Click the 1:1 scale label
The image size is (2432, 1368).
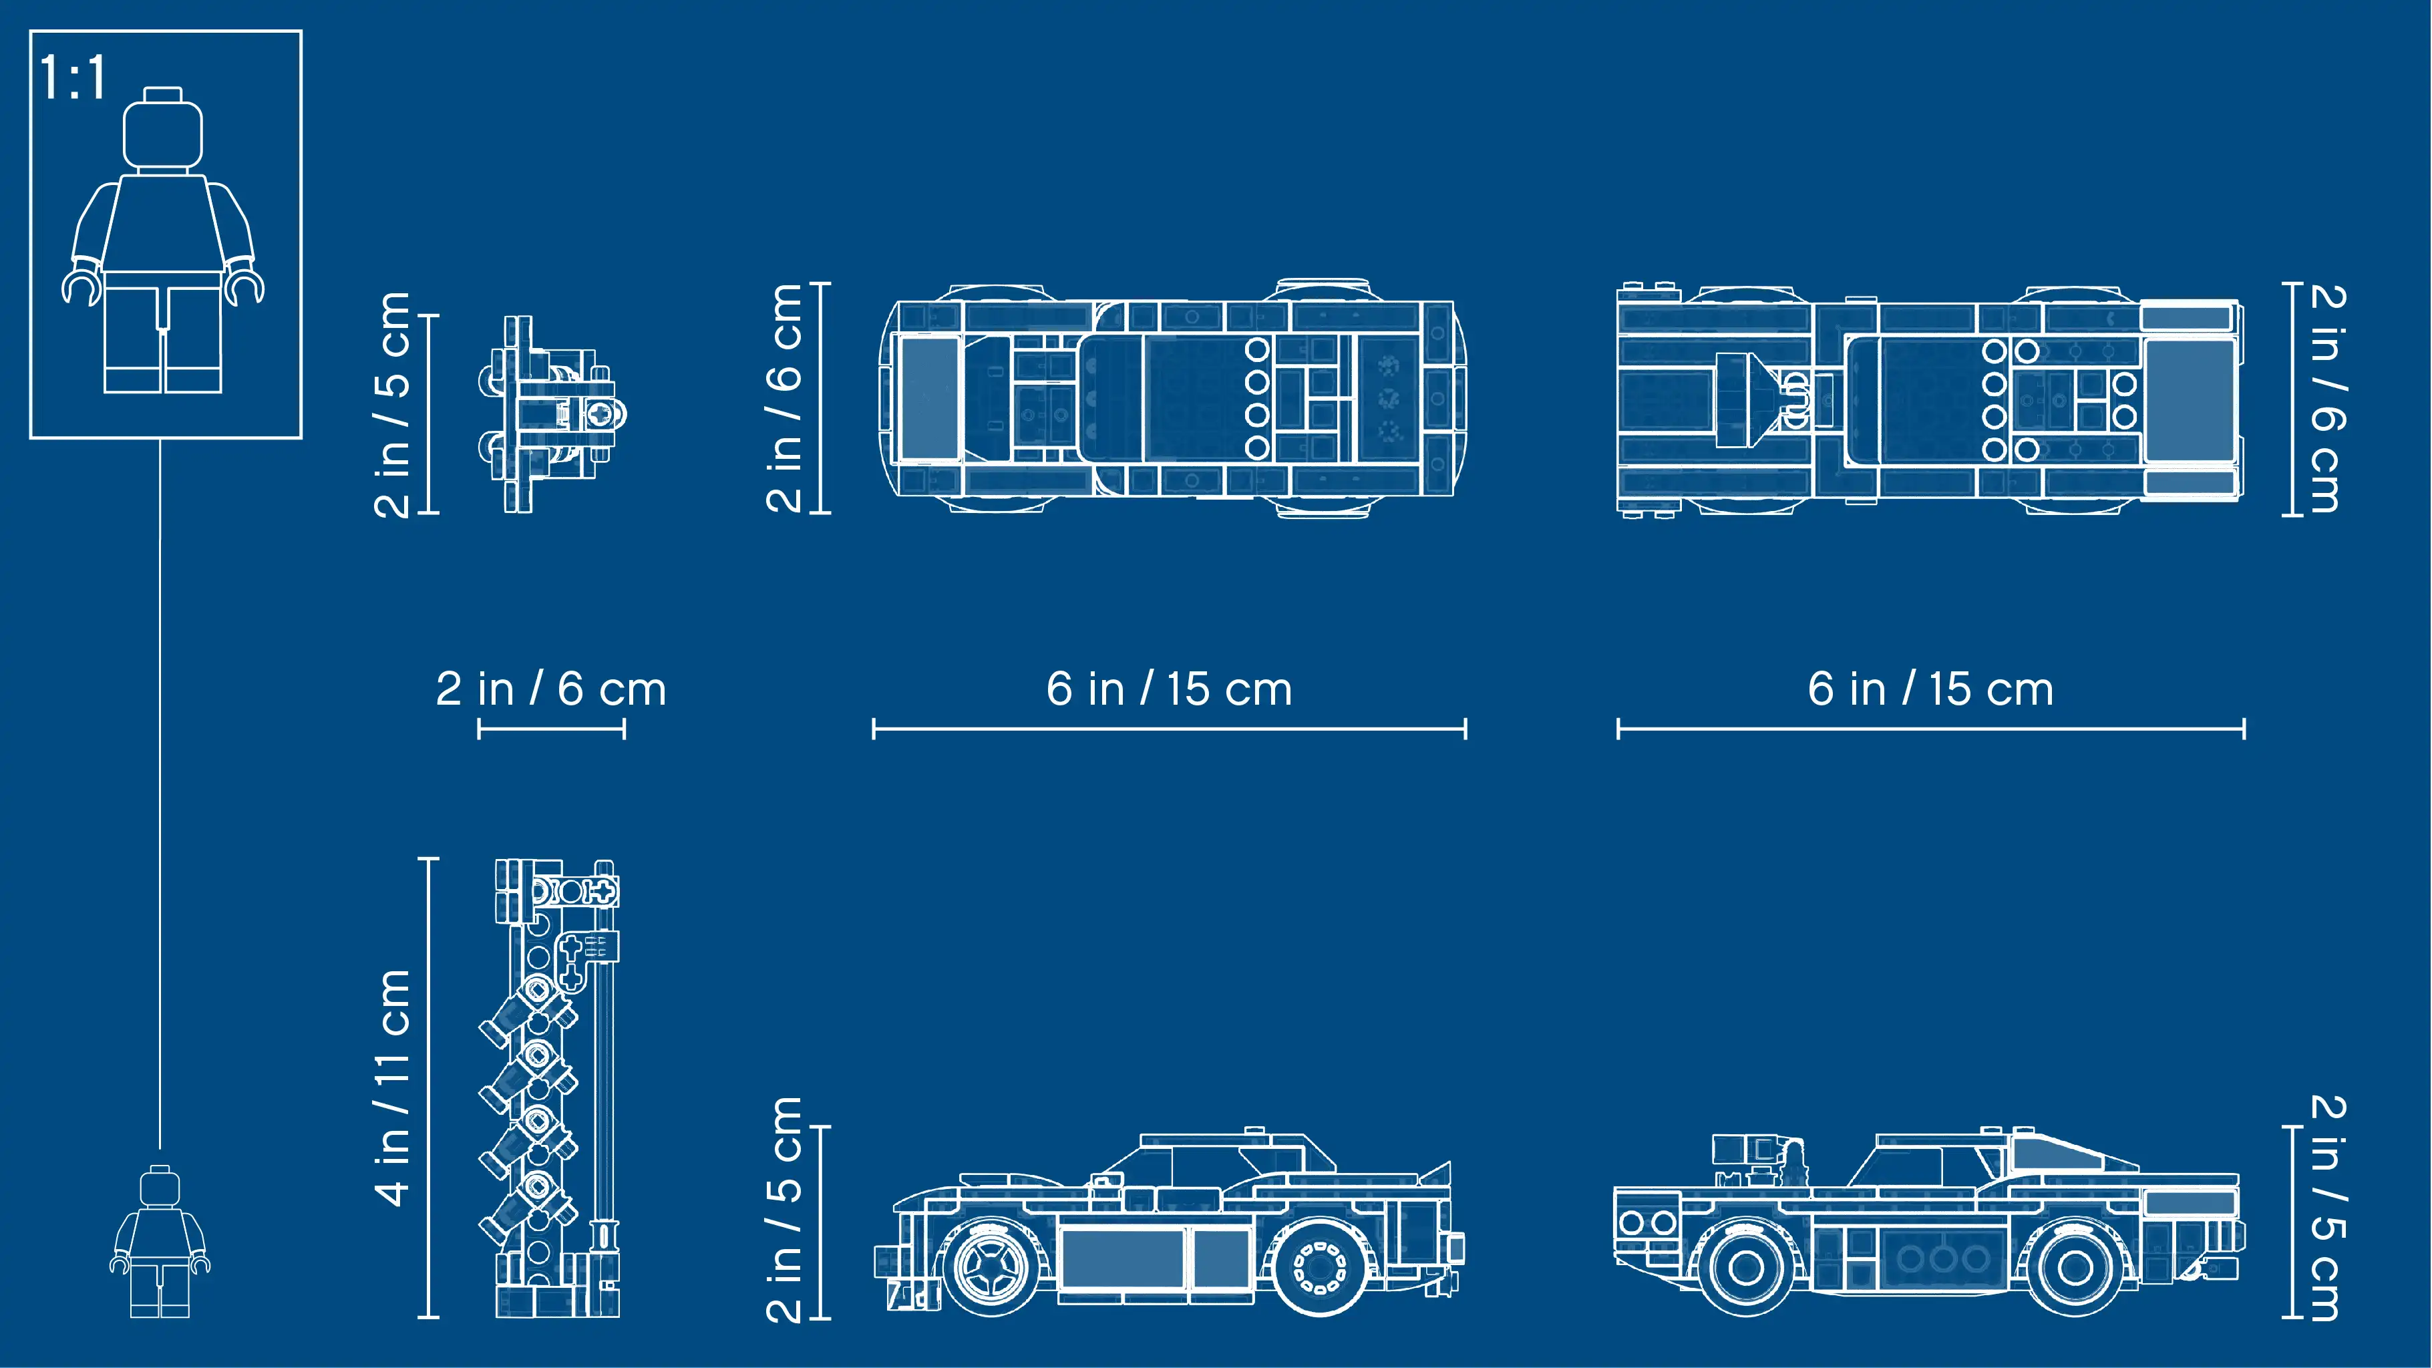pos(73,77)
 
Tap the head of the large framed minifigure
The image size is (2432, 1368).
pos(164,130)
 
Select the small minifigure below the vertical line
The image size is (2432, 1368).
pos(160,1240)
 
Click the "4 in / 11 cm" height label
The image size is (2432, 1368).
pos(393,1087)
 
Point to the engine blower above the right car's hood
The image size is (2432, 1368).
pos(1758,1158)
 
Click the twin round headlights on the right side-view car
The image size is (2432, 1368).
pos(1646,1222)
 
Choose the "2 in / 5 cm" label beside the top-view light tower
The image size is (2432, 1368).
pos(393,404)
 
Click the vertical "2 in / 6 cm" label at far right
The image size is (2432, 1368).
pos(2327,397)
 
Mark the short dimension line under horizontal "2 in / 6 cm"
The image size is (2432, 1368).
pos(551,729)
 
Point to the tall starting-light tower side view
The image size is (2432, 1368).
pos(557,1087)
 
